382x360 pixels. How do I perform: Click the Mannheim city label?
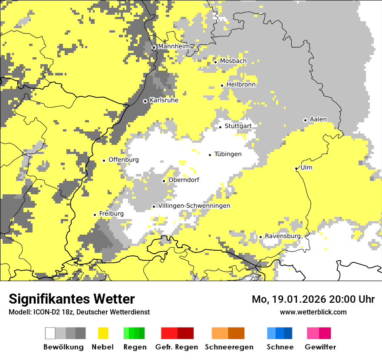click(x=174, y=46)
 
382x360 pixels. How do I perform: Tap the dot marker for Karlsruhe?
click(x=145, y=101)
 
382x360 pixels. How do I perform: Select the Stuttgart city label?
click(x=238, y=126)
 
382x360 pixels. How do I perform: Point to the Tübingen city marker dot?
click(x=210, y=155)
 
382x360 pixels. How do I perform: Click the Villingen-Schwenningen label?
click(x=194, y=206)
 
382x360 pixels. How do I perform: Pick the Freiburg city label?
click(x=111, y=213)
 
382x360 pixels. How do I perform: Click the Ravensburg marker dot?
click(x=260, y=237)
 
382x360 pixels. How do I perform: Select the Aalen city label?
click(x=318, y=119)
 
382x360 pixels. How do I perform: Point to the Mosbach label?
click(x=233, y=61)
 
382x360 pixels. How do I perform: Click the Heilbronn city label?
click(x=241, y=85)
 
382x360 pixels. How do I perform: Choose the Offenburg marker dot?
click(x=104, y=160)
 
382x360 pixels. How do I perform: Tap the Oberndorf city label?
click(x=184, y=180)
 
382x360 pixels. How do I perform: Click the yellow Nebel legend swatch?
click(x=103, y=333)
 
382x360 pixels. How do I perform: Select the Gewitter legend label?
click(x=320, y=347)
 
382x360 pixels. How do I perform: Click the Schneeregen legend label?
click(x=229, y=347)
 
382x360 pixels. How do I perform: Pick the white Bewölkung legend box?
click(x=50, y=333)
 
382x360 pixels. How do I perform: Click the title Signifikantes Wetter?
click(x=72, y=299)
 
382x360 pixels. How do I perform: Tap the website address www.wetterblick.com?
click(x=313, y=312)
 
